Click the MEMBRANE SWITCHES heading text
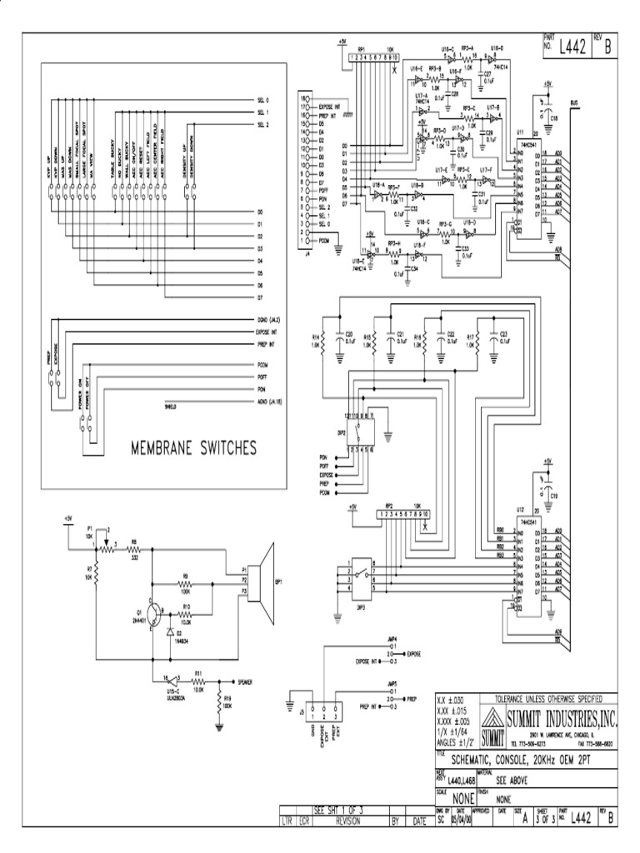click(x=192, y=449)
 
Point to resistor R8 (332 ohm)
click(x=132, y=551)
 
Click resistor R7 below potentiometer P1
click(x=97, y=573)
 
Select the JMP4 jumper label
click(x=392, y=639)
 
